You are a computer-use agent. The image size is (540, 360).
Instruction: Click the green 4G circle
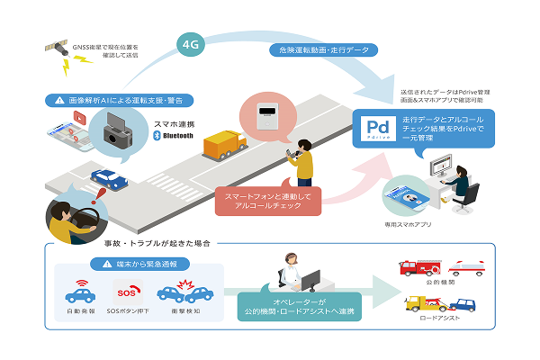[190, 42]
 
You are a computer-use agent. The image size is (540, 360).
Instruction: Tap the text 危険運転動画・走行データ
[313, 51]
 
